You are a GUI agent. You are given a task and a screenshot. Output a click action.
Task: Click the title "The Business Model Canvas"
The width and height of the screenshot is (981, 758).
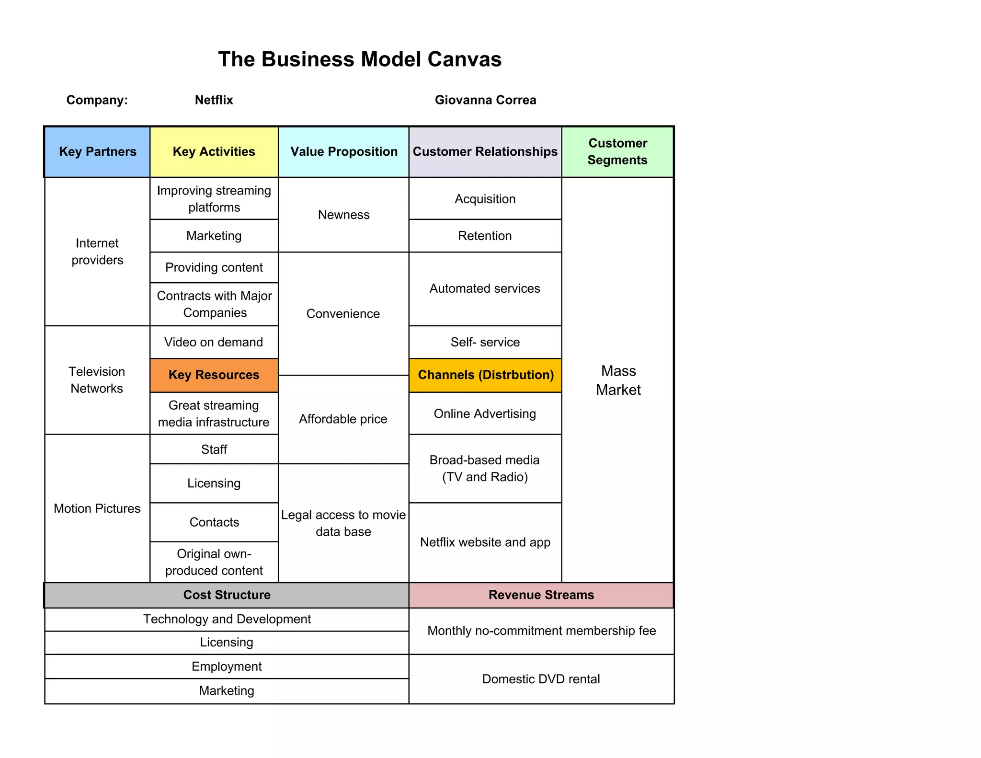(x=360, y=59)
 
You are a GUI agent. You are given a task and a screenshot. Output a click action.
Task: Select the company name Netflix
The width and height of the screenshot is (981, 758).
(x=214, y=100)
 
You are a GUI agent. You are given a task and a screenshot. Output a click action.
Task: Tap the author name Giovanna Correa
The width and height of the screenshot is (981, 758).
(x=485, y=100)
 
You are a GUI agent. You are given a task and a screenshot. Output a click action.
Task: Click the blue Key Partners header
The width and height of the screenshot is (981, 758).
(x=97, y=152)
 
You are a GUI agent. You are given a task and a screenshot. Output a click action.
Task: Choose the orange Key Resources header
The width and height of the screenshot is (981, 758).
(x=214, y=375)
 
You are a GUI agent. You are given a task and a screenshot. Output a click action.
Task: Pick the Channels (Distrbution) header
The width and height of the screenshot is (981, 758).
(x=485, y=375)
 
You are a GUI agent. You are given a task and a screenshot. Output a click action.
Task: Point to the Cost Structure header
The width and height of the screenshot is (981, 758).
(x=227, y=595)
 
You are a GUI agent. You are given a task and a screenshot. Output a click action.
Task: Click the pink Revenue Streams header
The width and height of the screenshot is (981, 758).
(x=541, y=595)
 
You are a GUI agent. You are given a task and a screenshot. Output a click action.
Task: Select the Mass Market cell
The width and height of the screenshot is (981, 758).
(x=618, y=380)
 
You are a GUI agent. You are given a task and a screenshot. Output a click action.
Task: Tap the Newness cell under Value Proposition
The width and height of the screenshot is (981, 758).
(x=343, y=215)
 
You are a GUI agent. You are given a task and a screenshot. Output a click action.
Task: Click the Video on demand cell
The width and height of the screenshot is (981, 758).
(x=214, y=342)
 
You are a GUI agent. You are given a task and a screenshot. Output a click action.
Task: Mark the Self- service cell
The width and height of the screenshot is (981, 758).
(x=485, y=342)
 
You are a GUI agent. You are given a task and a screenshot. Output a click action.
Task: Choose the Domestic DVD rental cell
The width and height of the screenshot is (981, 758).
(x=541, y=679)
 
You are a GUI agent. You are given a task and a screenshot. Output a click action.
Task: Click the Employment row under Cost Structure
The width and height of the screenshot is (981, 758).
(x=227, y=666)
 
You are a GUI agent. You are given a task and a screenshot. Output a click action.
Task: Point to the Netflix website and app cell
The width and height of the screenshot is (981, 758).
(x=485, y=542)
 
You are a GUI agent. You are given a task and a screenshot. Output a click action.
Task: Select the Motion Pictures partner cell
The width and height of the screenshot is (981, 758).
(x=97, y=508)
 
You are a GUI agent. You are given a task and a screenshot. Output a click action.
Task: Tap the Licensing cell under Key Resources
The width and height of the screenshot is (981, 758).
(x=214, y=483)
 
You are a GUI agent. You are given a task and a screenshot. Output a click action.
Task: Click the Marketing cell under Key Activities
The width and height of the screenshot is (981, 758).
(x=214, y=236)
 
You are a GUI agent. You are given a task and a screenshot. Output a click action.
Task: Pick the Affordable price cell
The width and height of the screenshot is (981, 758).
(x=343, y=419)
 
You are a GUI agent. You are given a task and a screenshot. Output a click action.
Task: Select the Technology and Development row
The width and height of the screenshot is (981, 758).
(x=227, y=620)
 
